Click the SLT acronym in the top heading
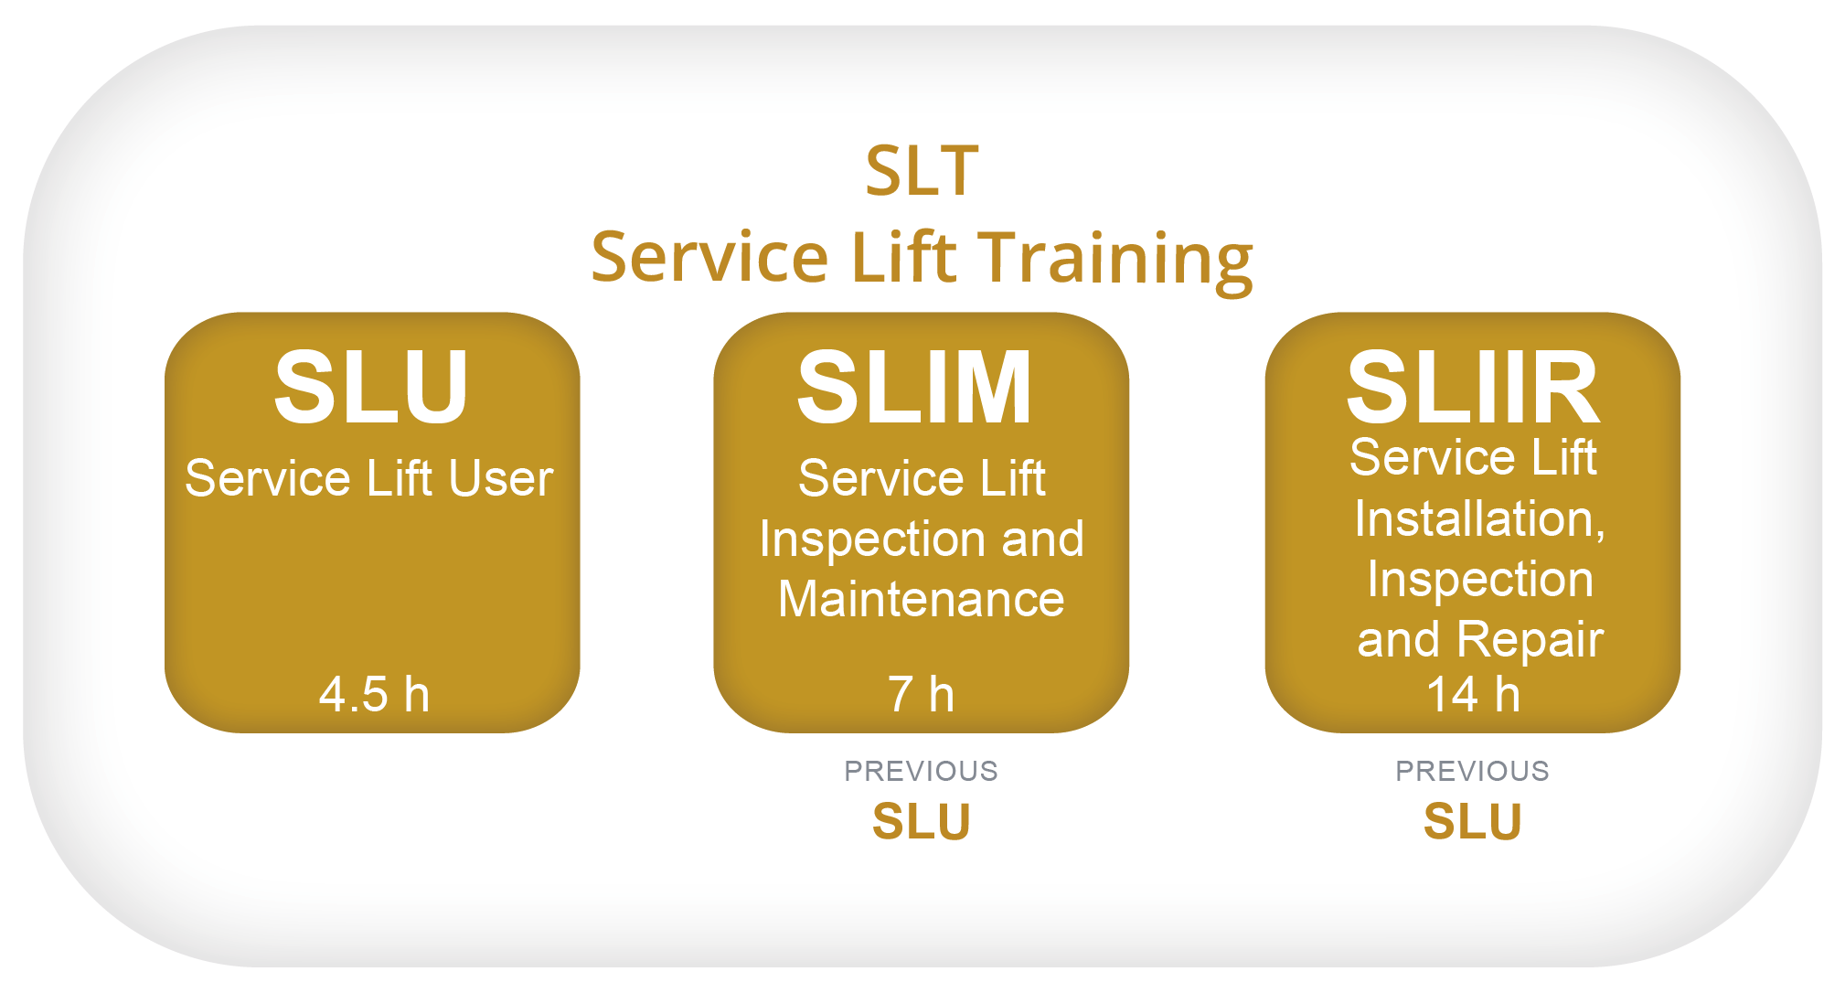point(922,171)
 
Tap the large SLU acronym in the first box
point(372,387)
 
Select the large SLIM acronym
point(914,388)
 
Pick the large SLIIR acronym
point(1473,388)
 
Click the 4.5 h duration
point(374,694)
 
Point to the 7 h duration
point(921,694)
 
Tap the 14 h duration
point(1473,694)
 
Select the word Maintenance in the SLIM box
point(922,600)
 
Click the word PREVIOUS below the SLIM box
point(921,771)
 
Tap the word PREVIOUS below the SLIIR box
point(1472,771)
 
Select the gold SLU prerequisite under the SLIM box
point(921,821)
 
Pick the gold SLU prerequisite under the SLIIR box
point(1472,821)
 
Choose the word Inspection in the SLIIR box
point(1480,581)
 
